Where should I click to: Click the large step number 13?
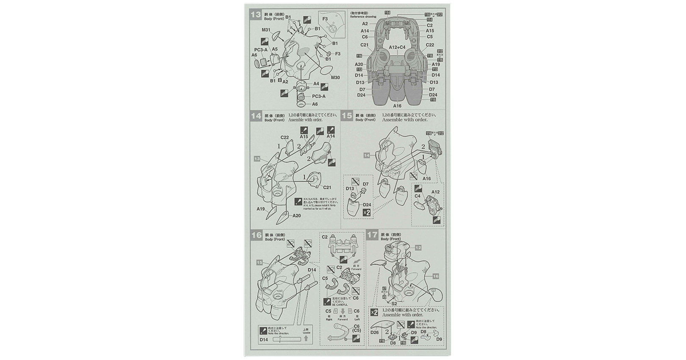(256, 14)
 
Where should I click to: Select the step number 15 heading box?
(347, 116)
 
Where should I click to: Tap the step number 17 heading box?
(373, 235)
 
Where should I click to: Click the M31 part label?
(266, 30)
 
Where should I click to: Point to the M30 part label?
(335, 78)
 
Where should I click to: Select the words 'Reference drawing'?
(363, 17)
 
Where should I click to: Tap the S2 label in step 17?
(394, 304)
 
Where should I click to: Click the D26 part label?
(374, 332)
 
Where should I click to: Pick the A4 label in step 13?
(316, 84)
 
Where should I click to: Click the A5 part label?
(275, 49)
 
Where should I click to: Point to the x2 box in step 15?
(367, 212)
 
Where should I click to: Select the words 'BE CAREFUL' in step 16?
(339, 305)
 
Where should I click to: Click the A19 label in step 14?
(261, 209)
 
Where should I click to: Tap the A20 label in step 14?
(296, 216)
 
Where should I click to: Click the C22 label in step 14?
(285, 137)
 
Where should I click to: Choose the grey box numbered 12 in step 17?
(418, 247)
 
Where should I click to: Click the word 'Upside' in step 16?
(307, 333)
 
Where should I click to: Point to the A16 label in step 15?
(426, 179)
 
